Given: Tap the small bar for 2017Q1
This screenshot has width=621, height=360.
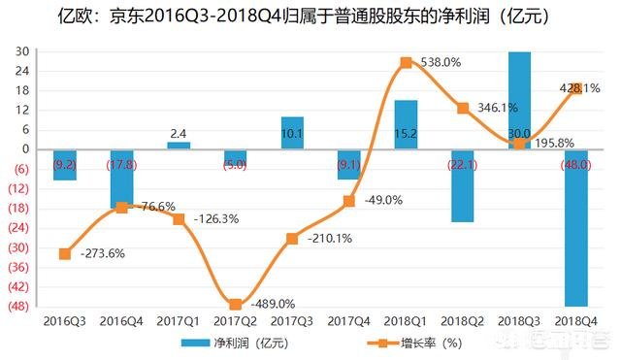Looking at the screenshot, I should [179, 146].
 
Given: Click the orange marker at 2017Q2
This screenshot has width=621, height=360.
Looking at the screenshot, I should [236, 305].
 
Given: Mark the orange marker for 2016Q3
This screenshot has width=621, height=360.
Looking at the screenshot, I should [65, 254].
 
